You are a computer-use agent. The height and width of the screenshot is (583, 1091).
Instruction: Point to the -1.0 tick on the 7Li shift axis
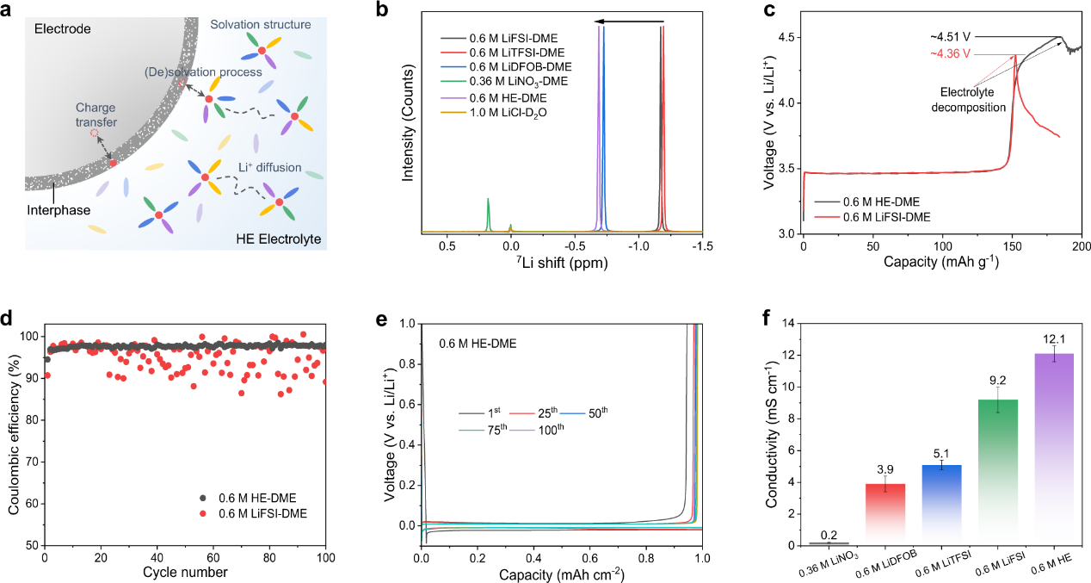tap(638, 245)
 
